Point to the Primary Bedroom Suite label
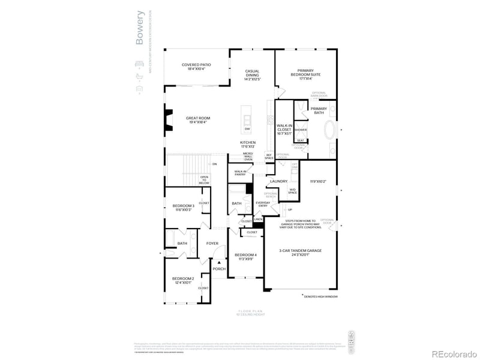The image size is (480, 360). [x=305, y=72]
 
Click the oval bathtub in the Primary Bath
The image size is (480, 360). [x=329, y=131]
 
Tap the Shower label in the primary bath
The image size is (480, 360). [x=301, y=130]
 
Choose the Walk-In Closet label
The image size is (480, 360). [x=284, y=130]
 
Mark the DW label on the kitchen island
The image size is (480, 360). [x=247, y=128]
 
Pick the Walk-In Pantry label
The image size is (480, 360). [x=241, y=172]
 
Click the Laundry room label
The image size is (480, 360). [x=278, y=181]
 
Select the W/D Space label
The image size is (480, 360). [x=292, y=191]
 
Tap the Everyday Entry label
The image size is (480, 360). [x=263, y=204]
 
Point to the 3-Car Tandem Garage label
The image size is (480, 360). [x=301, y=251]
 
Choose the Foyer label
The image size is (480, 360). [x=212, y=243]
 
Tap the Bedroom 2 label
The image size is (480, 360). [x=183, y=280]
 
